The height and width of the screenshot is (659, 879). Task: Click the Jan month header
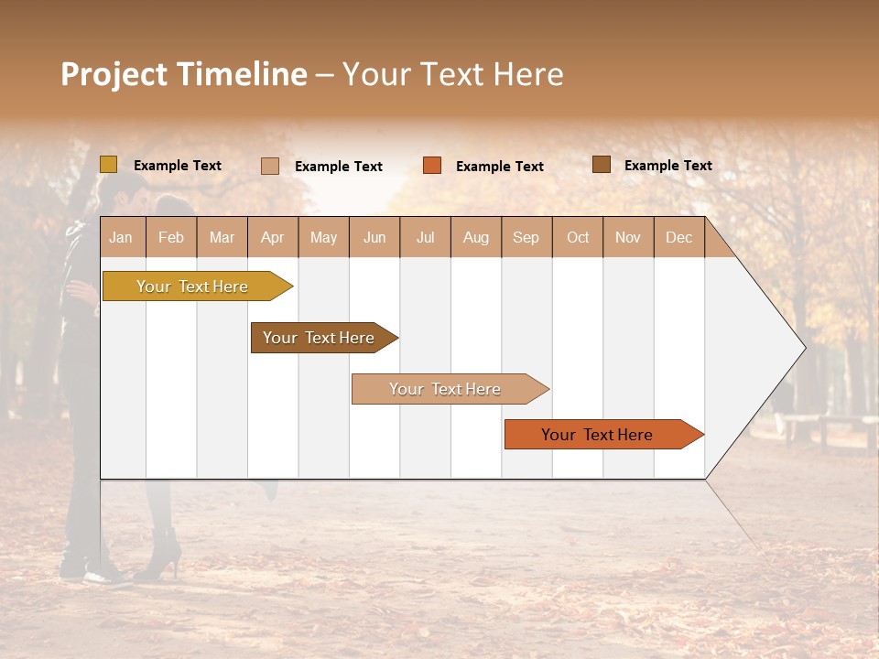click(122, 237)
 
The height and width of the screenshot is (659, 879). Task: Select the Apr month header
click(273, 237)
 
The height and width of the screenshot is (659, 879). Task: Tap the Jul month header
click(425, 237)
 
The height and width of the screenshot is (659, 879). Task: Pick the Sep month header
click(526, 237)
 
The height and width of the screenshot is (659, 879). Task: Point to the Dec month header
click(678, 237)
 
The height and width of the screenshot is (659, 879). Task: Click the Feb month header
click(171, 237)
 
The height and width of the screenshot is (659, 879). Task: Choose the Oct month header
click(578, 237)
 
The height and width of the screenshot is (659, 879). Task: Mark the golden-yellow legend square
click(108, 165)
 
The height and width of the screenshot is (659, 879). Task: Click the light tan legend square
click(269, 166)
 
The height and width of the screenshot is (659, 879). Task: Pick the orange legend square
click(431, 166)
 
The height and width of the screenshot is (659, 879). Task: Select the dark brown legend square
click(601, 165)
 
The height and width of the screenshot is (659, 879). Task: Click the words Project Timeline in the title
click(184, 74)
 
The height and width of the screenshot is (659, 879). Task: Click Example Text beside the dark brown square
click(667, 166)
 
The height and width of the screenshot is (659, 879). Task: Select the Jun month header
click(374, 237)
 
